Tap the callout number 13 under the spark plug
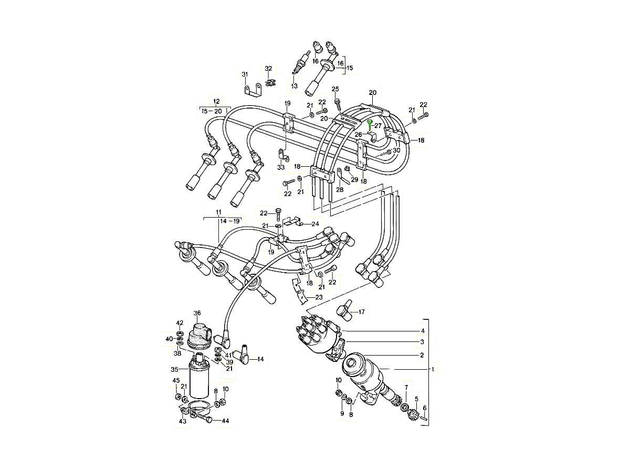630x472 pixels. coord(294,85)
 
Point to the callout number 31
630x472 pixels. coord(245,74)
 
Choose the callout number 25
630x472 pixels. coord(335,89)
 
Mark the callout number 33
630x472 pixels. coord(281,167)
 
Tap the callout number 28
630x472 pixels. coord(340,189)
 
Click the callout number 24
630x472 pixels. coord(315,224)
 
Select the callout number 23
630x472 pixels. coord(319,297)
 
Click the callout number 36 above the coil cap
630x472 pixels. coord(197,313)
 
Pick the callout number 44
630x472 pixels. coord(225,421)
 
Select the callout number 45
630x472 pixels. coord(176,380)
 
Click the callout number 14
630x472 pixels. coord(261,359)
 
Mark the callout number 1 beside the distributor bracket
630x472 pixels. coord(433,369)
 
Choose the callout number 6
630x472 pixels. coord(425,408)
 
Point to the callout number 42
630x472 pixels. coord(180,323)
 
